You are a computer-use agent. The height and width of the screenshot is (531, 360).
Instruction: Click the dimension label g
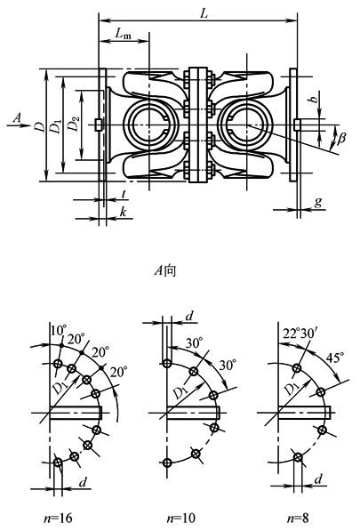point(317,202)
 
